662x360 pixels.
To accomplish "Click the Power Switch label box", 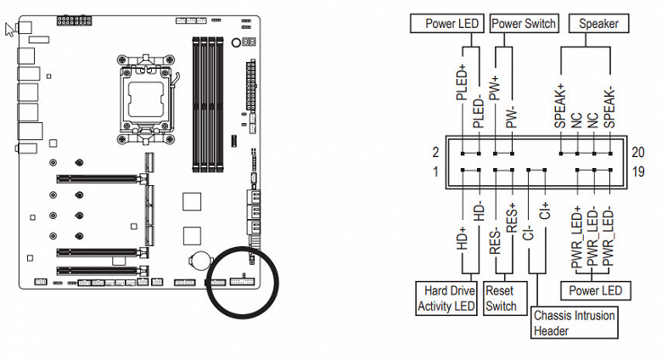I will pyautogui.click(x=524, y=24).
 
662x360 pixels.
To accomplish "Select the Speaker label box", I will pyautogui.click(x=599, y=24).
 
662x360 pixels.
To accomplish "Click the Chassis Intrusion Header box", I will pyautogui.click(x=575, y=323).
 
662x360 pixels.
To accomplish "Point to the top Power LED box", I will pyautogui.click(x=445, y=24).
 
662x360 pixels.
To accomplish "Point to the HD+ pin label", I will pyautogui.click(x=463, y=236).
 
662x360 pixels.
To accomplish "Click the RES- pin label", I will pyautogui.click(x=496, y=240).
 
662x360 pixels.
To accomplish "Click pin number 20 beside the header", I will pyautogui.click(x=639, y=152).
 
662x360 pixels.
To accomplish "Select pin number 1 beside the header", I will pyautogui.click(x=435, y=173).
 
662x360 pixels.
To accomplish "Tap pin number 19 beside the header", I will pyautogui.click(x=639, y=173).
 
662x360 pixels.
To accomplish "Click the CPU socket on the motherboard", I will pyautogui.click(x=154, y=93).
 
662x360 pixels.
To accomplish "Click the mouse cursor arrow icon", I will pyautogui.click(x=10, y=30).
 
